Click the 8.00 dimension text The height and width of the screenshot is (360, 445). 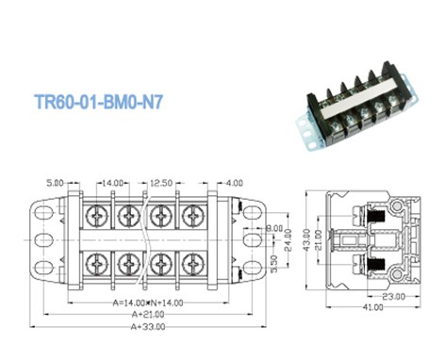(x=274, y=230)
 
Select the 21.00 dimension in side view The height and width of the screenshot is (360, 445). (x=317, y=241)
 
